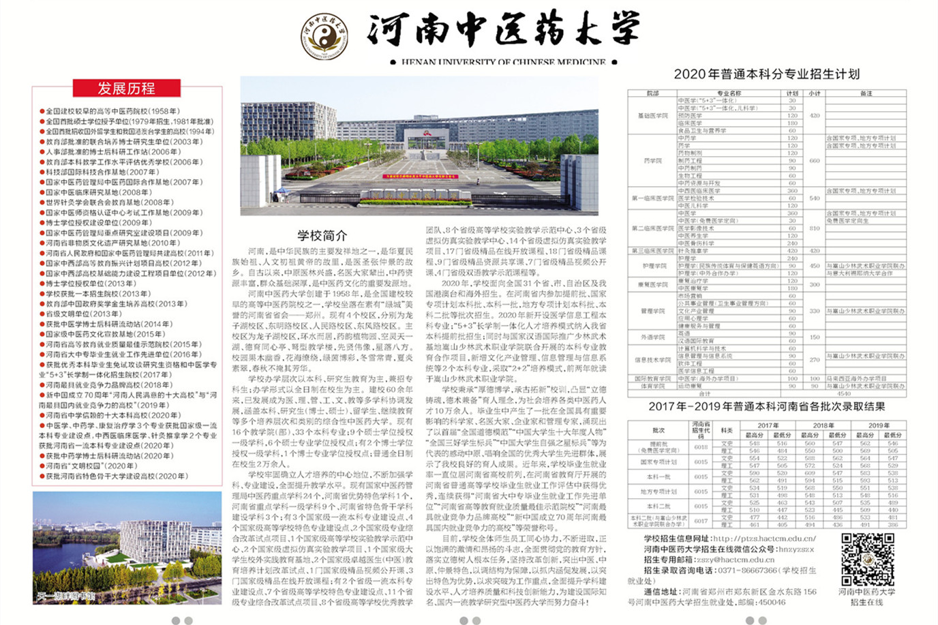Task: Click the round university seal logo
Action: coord(324,35)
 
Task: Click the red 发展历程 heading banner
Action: coord(127,88)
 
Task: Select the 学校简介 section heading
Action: coord(322,236)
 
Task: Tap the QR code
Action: coord(866,560)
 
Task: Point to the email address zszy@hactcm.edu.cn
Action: coord(733,560)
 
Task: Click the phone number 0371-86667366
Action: coord(744,570)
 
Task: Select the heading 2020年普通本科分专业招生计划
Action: coord(766,74)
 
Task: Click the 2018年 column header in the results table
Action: coord(823,425)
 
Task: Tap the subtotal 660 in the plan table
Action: coord(814,161)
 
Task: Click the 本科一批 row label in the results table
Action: coord(658,476)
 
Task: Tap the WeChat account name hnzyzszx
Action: coord(796,549)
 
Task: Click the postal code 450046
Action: coord(772,603)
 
